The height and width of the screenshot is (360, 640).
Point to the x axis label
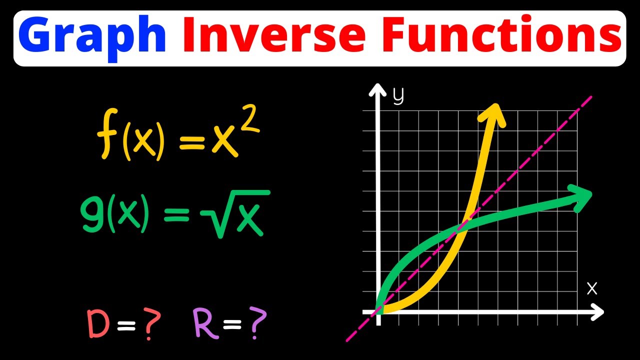pos(592,288)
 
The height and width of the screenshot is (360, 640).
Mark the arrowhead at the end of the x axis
pos(598,313)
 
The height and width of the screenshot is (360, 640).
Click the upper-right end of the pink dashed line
pos(591,97)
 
